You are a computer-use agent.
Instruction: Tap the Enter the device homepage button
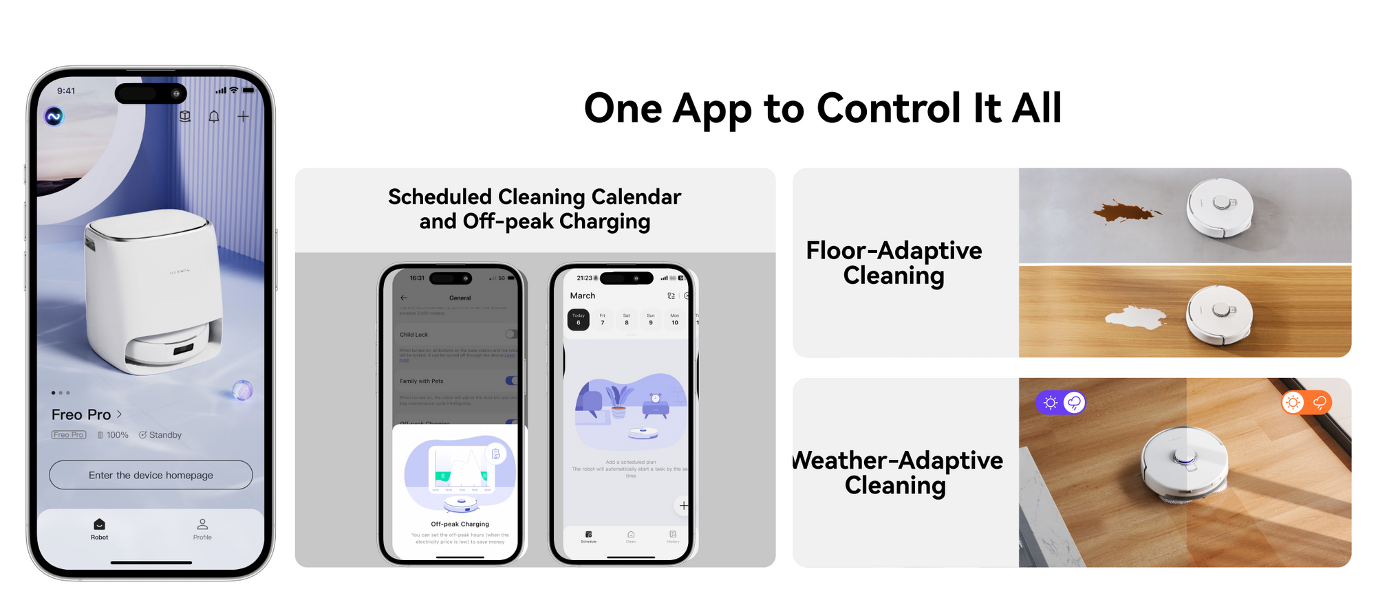(151, 475)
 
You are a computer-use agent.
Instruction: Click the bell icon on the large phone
(214, 117)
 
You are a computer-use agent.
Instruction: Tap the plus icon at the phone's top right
(243, 117)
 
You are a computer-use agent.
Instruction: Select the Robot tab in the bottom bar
(99, 529)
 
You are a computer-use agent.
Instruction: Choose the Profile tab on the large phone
(202, 529)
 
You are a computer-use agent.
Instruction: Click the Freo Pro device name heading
(81, 414)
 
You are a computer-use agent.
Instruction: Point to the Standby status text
(165, 435)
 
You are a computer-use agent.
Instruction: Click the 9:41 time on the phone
(66, 91)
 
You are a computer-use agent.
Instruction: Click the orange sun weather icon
(1293, 402)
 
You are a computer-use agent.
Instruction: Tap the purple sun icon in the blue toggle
(1050, 403)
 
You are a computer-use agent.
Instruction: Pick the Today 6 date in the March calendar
(579, 320)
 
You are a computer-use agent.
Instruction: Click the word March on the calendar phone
(582, 296)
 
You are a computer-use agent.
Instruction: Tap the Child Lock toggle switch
(510, 334)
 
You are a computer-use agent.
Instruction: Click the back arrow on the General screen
(404, 298)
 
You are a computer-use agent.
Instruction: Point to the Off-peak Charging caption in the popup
(460, 524)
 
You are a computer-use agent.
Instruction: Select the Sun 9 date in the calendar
(650, 320)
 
